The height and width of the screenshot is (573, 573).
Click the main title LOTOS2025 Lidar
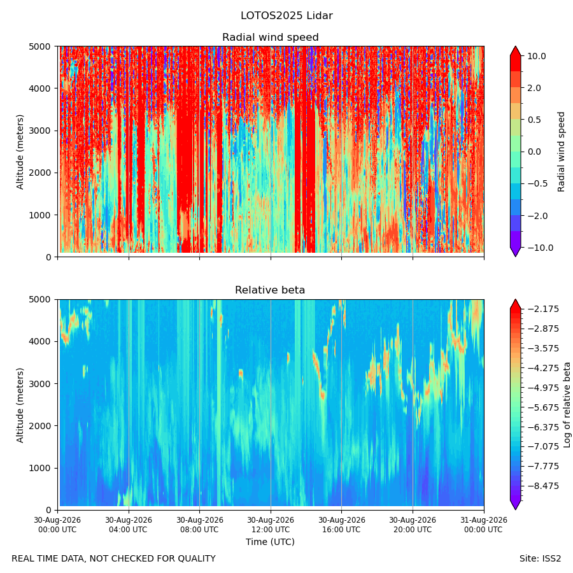[286, 16]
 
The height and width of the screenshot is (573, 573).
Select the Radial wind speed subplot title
[271, 38]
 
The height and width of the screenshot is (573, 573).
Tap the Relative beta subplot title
[270, 290]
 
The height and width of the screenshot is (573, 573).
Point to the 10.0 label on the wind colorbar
[537, 56]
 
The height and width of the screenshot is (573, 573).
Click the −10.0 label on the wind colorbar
[540, 248]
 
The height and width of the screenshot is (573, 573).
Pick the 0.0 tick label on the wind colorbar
[534, 152]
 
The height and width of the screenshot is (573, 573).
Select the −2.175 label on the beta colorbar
[543, 309]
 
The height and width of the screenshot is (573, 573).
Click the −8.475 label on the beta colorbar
[543, 486]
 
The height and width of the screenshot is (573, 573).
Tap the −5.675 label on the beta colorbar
[543, 407]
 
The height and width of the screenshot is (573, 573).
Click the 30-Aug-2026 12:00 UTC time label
[271, 525]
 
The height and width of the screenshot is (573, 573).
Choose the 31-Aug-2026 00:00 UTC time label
[483, 525]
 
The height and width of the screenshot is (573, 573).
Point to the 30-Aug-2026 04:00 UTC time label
[129, 525]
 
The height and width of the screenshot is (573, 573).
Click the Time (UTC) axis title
[270, 542]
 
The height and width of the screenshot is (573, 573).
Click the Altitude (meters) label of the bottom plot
[20, 405]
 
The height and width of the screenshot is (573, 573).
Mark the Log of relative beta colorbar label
[567, 405]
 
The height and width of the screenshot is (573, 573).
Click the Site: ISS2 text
[540, 559]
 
